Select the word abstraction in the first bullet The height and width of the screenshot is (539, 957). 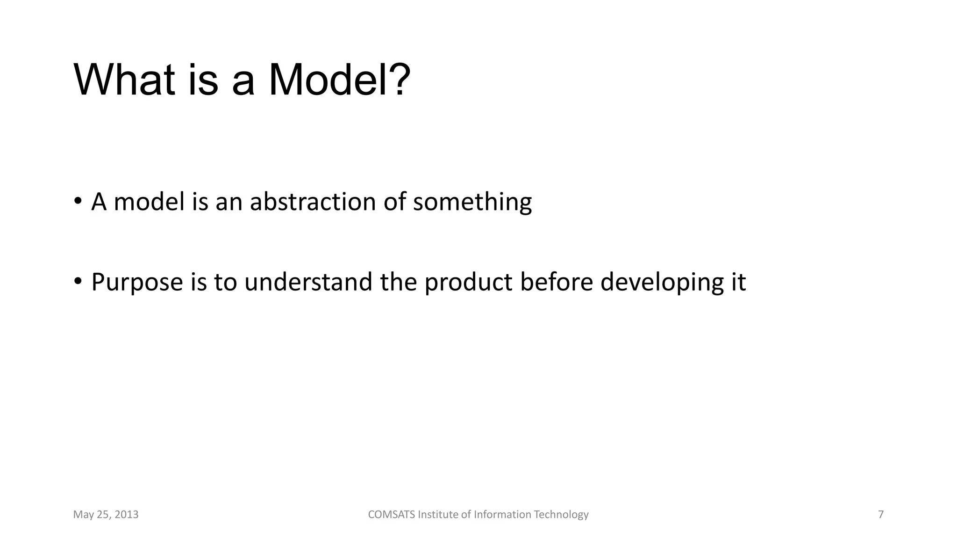[x=313, y=202]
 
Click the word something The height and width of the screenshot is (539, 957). [x=472, y=202]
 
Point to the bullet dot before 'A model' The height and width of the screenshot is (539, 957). [x=78, y=201]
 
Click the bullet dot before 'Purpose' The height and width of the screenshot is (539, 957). [x=78, y=281]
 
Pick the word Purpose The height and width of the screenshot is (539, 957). [x=137, y=282]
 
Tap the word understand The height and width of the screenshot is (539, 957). [x=308, y=282]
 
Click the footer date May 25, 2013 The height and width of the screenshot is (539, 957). [x=106, y=515]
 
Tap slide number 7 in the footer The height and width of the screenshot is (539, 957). [x=881, y=515]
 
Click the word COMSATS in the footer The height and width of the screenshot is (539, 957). [x=391, y=515]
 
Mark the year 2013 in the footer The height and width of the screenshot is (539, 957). [x=127, y=515]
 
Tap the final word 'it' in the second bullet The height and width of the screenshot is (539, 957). [x=739, y=282]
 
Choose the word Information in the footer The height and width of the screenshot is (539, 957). [x=502, y=515]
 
